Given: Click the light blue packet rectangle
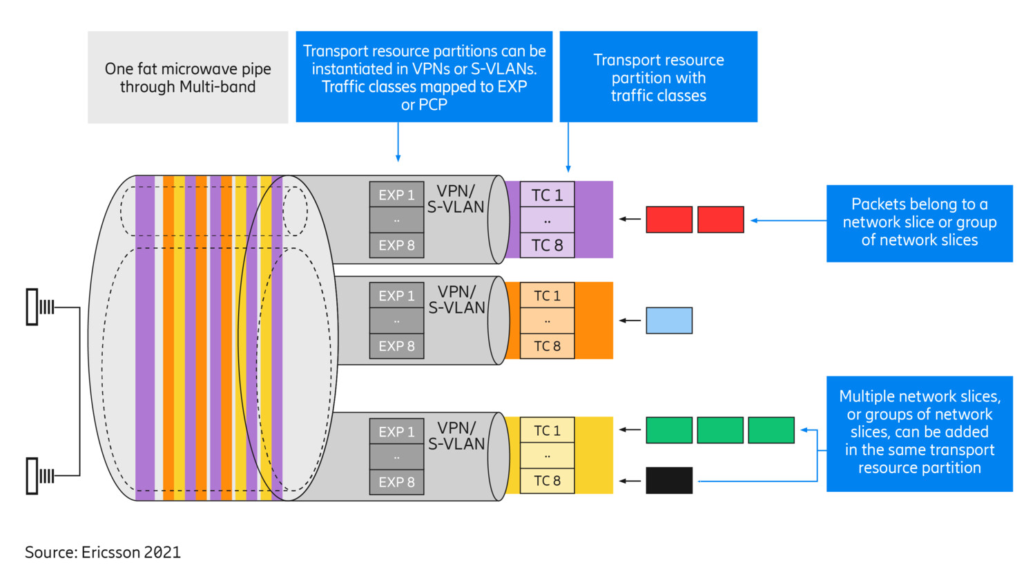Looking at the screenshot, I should (668, 321).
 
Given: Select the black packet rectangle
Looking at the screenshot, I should (668, 481).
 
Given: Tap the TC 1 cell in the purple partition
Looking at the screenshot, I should (547, 195).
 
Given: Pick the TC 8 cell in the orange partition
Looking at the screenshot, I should (547, 346).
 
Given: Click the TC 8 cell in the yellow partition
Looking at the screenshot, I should (547, 481).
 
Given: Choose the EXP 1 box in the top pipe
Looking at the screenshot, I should (396, 195).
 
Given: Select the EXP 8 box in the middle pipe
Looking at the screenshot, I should (396, 346).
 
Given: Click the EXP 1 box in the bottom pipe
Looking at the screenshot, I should (396, 432).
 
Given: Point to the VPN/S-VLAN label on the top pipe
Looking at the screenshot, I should (456, 199).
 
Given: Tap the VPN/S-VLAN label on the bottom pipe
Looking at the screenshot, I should (456, 436).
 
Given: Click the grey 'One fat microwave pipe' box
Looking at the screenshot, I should (188, 77).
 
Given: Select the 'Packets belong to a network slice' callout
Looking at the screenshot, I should (919, 223).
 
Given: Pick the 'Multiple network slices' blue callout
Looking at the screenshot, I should (919, 433).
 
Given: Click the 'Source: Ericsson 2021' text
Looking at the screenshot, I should (103, 553).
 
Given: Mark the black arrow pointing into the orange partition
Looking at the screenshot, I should (630, 321).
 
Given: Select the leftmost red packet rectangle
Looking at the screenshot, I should (668, 220).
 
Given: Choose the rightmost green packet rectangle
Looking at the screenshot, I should (771, 430).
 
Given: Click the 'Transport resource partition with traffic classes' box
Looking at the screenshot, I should (658, 77).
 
